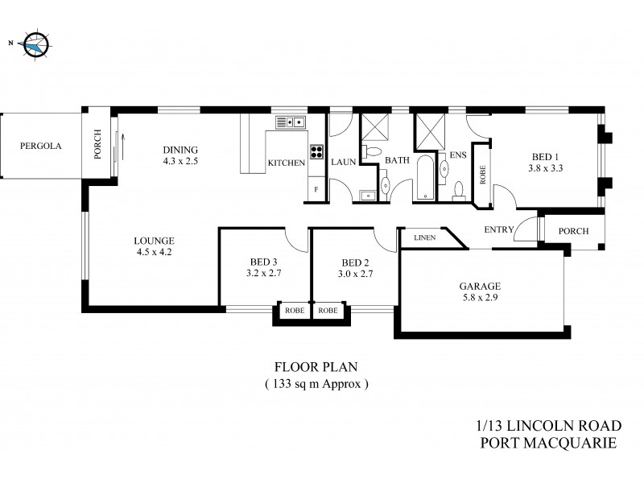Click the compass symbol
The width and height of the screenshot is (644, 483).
35,45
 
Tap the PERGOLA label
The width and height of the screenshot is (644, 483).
41,147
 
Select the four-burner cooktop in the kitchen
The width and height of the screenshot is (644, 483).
316,151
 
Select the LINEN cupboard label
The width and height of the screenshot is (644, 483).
424,238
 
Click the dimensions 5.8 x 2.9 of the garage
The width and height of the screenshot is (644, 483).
481,299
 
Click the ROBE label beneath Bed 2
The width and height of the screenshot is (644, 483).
328,311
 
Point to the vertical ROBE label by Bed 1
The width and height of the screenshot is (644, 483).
483,175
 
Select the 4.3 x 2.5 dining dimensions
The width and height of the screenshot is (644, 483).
180,161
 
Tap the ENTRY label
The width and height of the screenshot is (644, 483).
499,230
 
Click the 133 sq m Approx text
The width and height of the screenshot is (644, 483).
316,384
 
